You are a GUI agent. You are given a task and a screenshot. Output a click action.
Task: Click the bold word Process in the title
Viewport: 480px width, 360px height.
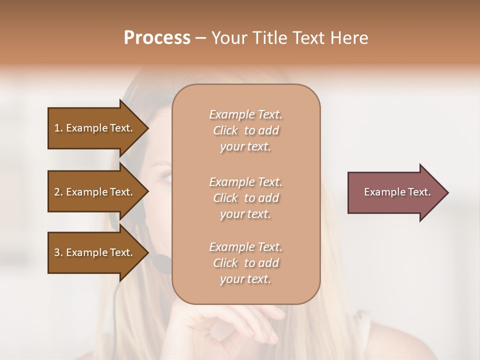click(157, 38)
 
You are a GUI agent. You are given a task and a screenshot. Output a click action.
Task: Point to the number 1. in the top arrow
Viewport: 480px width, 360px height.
click(58, 128)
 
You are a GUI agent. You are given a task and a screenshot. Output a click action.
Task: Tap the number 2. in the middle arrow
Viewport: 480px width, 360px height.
click(58, 192)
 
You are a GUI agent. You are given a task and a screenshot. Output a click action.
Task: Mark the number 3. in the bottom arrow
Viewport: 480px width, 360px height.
click(58, 252)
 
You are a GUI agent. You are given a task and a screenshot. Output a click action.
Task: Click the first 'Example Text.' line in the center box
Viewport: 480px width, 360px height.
click(246, 114)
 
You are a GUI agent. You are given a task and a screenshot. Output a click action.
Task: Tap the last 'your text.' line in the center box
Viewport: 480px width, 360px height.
click(246, 279)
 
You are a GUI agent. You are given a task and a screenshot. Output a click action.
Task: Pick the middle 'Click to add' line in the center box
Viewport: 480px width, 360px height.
click(246, 198)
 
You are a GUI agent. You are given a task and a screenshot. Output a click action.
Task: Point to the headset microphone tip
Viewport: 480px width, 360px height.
click(161, 263)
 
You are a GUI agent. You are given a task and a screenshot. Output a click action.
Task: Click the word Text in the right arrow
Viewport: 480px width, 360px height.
click(419, 192)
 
